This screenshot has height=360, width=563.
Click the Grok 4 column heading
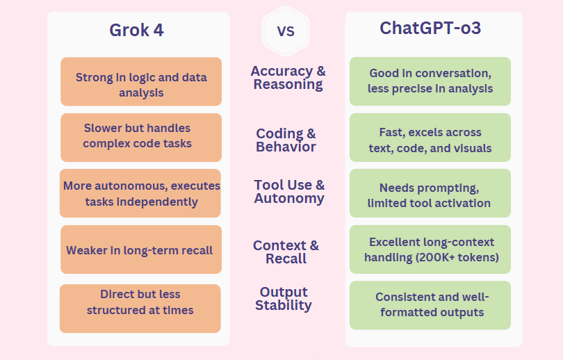tap(136, 30)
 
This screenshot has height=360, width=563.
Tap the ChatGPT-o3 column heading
tap(430, 28)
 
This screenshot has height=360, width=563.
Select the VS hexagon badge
tap(286, 31)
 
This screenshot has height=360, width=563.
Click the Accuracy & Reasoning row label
tap(288, 78)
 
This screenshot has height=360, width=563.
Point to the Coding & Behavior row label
tap(286, 140)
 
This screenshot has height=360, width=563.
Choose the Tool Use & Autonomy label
tap(289, 192)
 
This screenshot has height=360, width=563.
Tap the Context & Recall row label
tap(286, 252)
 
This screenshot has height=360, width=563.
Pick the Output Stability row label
tap(284, 299)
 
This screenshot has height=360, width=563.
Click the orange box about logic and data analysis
tap(141, 81)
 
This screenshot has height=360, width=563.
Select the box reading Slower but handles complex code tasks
tap(141, 138)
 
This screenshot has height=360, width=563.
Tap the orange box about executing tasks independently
tap(140, 193)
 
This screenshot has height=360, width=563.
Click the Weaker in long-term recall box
tap(141, 249)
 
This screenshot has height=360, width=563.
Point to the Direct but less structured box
tap(140, 309)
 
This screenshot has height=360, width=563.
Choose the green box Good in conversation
tap(430, 81)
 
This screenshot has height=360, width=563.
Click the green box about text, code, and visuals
tap(430, 138)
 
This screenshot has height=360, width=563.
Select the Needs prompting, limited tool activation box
tap(430, 193)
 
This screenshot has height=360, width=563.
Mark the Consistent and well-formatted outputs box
tap(430, 305)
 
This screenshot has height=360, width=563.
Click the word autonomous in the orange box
tap(131, 186)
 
